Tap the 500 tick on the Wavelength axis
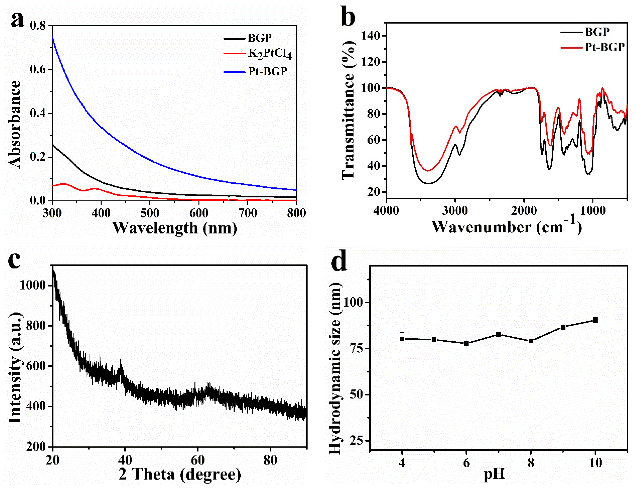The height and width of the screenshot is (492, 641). [x=150, y=213]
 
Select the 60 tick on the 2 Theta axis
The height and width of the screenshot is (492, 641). [x=197, y=460]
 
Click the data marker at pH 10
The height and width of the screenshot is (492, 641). [x=595, y=320]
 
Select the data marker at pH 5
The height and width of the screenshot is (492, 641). [x=434, y=339]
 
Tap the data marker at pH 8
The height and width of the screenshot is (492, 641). [x=531, y=341]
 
